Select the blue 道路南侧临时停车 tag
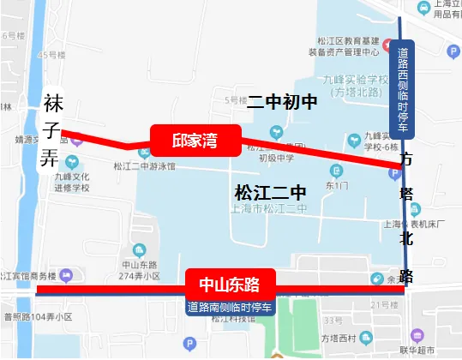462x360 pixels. [x=230, y=307]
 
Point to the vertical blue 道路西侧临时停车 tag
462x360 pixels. [x=402, y=88]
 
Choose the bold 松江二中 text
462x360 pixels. [x=269, y=190]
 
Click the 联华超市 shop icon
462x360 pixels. [x=417, y=335]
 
